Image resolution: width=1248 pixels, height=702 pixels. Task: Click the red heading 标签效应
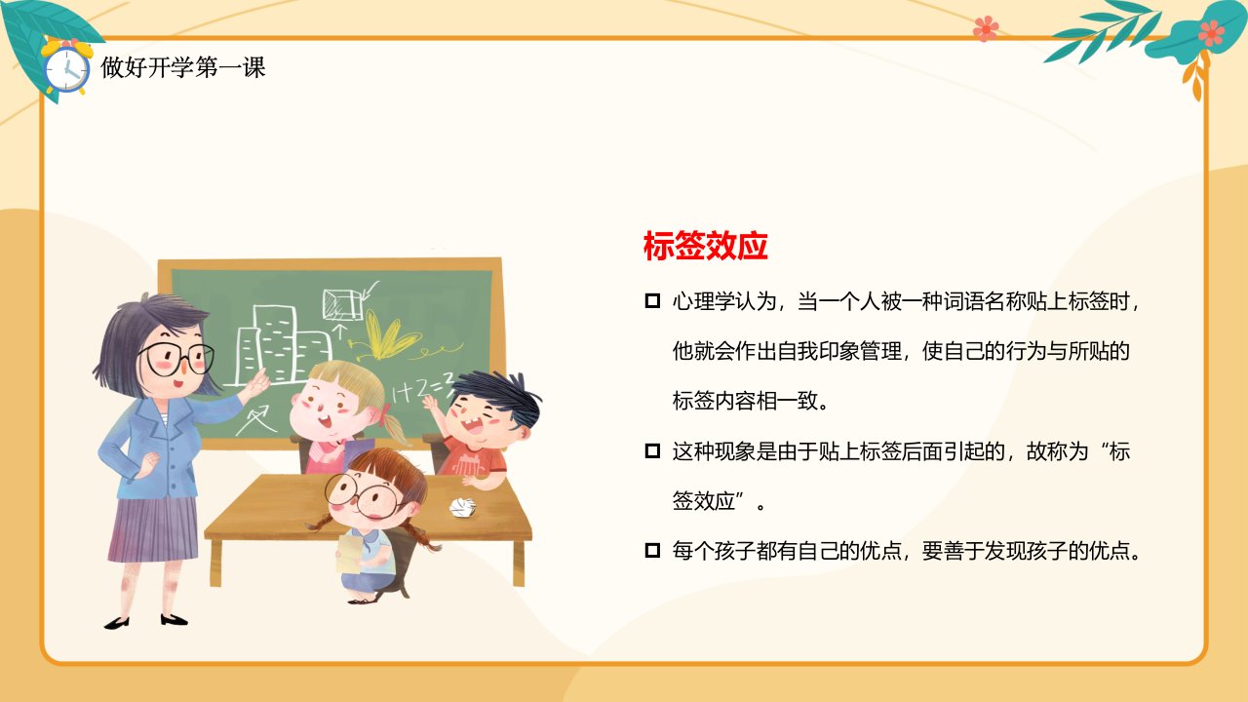pyautogui.click(x=705, y=246)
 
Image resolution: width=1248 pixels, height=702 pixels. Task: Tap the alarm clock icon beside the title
pyautogui.click(x=66, y=69)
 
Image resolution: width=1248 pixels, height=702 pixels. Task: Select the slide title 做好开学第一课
pyautogui.click(x=182, y=67)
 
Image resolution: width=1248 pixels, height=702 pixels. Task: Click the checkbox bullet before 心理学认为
pyautogui.click(x=652, y=301)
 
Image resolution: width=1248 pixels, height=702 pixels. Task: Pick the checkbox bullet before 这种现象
pyautogui.click(x=652, y=450)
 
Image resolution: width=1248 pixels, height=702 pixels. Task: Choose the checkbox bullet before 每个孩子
pyautogui.click(x=652, y=551)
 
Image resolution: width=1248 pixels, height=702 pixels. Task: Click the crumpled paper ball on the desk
pyautogui.click(x=462, y=507)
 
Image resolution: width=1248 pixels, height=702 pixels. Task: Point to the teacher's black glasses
pyautogui.click(x=177, y=358)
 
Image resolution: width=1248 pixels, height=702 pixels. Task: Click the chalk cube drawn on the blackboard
pyautogui.click(x=342, y=304)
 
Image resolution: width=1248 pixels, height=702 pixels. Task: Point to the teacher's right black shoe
pyautogui.click(x=174, y=619)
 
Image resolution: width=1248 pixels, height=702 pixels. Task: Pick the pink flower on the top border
pyautogui.click(x=986, y=28)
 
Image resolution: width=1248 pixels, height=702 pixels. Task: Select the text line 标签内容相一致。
pyautogui.click(x=750, y=401)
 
